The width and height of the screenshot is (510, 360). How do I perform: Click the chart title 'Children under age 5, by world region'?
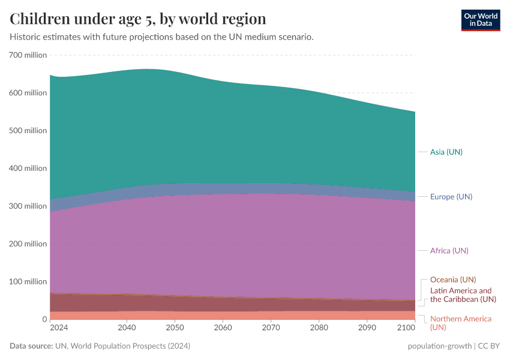[x=138, y=18]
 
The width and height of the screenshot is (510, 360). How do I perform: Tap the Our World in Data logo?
[x=480, y=20]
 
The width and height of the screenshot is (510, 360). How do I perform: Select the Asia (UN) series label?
[x=446, y=152]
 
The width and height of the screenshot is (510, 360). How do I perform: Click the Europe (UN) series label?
[x=451, y=197]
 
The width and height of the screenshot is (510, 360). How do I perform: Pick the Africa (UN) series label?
[x=449, y=250]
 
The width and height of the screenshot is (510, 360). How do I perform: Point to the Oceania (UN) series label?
[x=453, y=280]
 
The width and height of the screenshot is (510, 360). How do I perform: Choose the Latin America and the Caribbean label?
[x=463, y=295]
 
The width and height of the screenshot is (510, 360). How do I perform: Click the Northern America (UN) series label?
[x=460, y=323]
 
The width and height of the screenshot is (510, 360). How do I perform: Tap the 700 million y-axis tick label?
[x=28, y=55]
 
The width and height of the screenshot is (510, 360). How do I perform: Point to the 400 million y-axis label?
[x=28, y=168]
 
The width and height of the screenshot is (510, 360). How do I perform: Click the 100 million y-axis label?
[x=28, y=281]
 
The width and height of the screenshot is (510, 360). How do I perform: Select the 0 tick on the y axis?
[x=44, y=319]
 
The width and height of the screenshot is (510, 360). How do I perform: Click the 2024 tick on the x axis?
[x=59, y=328]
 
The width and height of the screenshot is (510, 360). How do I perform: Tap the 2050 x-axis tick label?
[x=175, y=328]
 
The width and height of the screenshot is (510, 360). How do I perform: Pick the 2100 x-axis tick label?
[x=406, y=328]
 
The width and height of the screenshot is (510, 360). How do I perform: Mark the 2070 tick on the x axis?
[x=271, y=328]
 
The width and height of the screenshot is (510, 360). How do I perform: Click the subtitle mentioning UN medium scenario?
[x=161, y=37]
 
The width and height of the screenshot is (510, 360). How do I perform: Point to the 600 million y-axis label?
[x=28, y=93]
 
